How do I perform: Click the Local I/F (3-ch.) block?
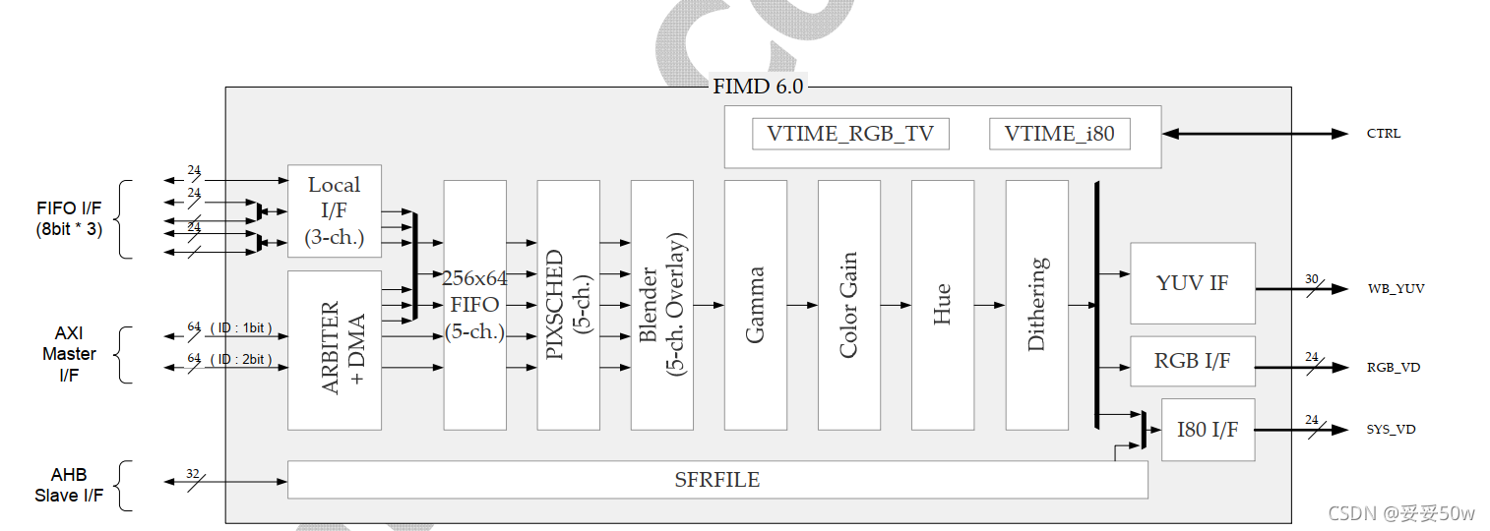click(334, 210)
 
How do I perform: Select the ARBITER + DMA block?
click(334, 349)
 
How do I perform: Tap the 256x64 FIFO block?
click(474, 305)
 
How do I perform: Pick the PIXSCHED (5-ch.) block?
click(568, 305)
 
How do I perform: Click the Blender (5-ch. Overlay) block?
click(661, 305)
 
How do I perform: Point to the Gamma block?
click(755, 305)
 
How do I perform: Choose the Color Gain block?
click(848, 305)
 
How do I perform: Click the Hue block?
click(942, 305)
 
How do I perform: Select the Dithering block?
click(1036, 305)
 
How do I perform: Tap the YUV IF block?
click(1192, 283)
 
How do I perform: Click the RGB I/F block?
click(1192, 361)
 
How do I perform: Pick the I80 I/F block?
click(1208, 429)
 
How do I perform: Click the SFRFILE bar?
click(716, 480)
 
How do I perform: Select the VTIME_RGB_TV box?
click(850, 134)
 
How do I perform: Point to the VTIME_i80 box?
click(1059, 134)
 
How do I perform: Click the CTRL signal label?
click(1383, 134)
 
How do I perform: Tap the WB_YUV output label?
click(1396, 289)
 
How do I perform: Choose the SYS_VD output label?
click(1391, 430)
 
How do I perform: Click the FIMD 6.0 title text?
click(757, 87)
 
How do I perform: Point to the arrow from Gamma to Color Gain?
click(802, 305)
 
